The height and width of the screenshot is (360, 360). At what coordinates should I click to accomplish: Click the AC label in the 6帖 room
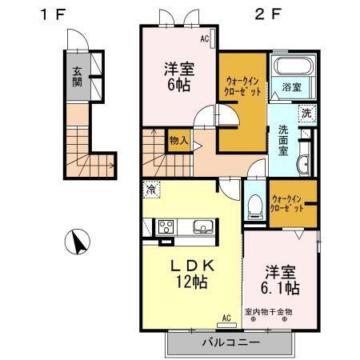pyautogui.click(x=204, y=38)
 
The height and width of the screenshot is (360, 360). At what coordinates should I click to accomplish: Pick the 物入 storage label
pyautogui.click(x=179, y=141)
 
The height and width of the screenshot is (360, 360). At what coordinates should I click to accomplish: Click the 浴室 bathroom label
pyautogui.click(x=290, y=86)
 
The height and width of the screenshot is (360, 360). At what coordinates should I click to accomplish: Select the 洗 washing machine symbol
pyautogui.click(x=306, y=113)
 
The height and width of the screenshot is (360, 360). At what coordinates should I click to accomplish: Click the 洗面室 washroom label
pyautogui.click(x=284, y=140)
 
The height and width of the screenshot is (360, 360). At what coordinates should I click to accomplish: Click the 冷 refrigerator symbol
pyautogui.click(x=150, y=191)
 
